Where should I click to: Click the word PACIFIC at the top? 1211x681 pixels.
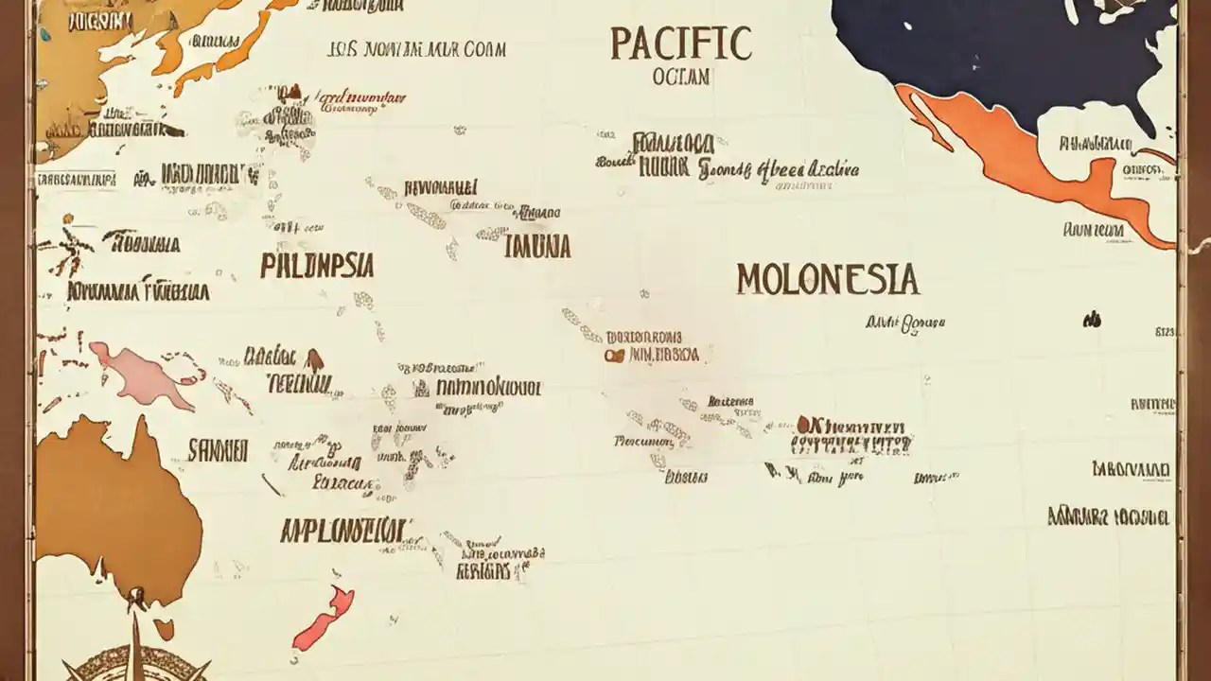[681, 44]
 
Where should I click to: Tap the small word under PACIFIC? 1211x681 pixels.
[680, 78]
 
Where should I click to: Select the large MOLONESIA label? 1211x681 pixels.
[827, 279]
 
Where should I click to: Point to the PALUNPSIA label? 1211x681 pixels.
[317, 265]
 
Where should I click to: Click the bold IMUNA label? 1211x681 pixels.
[537, 247]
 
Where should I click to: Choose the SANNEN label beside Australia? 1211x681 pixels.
[218, 450]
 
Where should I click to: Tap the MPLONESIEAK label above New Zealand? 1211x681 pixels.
[345, 530]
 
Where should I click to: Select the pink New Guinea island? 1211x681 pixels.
[142, 375]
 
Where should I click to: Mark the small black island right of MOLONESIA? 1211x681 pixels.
[1092, 320]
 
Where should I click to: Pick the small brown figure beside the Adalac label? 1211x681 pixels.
[314, 360]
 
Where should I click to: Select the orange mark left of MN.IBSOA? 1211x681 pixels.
[617, 356]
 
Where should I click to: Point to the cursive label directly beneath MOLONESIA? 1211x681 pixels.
[905, 323]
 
